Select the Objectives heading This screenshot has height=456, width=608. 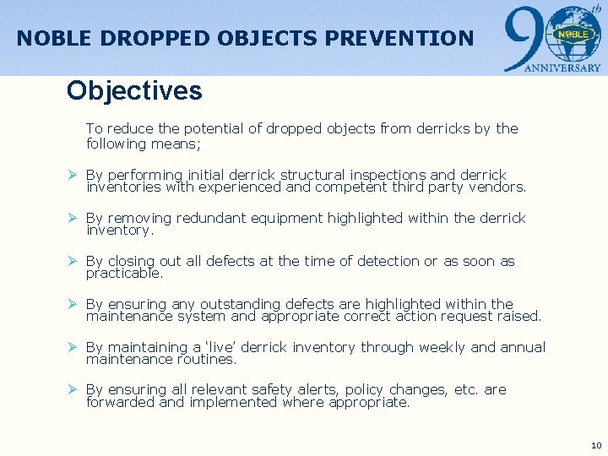click(134, 90)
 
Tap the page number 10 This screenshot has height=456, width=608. click(596, 445)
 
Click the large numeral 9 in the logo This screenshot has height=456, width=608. click(521, 38)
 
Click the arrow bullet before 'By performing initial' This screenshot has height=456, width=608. click(73, 175)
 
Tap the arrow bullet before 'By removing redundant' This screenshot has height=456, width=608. click(73, 218)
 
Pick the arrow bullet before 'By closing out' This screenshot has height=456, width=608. click(73, 261)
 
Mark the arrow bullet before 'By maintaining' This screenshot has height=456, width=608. click(73, 347)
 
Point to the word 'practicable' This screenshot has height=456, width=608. click(124, 274)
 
